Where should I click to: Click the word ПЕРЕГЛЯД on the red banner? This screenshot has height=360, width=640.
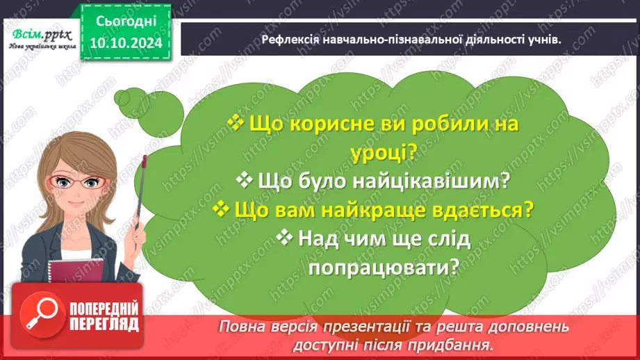point(104,324)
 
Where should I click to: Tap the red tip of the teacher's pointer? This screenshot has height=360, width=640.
point(145,161)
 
